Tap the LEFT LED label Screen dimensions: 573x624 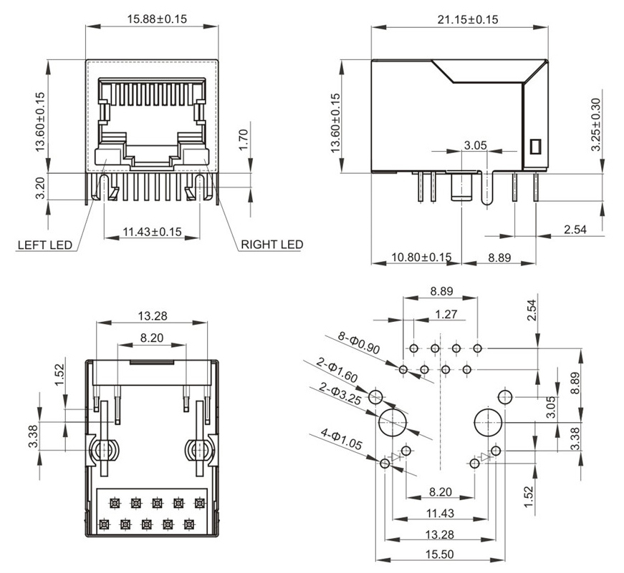pyautogui.click(x=45, y=245)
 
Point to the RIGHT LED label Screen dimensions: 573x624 pyautogui.click(x=272, y=245)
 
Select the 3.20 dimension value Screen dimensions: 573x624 pyautogui.click(x=40, y=187)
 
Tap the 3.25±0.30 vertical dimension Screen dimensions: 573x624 pyautogui.click(x=595, y=124)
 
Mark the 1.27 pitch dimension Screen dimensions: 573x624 pyautogui.click(x=446, y=313)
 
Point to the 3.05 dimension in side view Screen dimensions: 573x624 pyautogui.click(x=475, y=145)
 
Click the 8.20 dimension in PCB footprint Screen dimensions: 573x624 pyautogui.click(x=439, y=491)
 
